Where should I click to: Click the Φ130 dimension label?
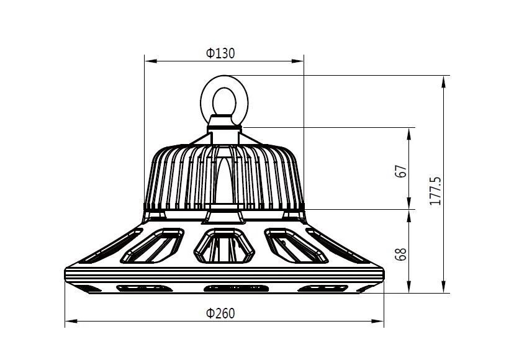pos(220,53)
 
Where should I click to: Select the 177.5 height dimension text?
pos(435,191)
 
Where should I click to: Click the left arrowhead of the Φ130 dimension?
pos(149,61)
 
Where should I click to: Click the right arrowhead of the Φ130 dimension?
pos(299,61)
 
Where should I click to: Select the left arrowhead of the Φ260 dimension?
pos(70,322)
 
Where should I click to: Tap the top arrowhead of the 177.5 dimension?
pos(444,80)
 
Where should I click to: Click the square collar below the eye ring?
pos(223,124)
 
